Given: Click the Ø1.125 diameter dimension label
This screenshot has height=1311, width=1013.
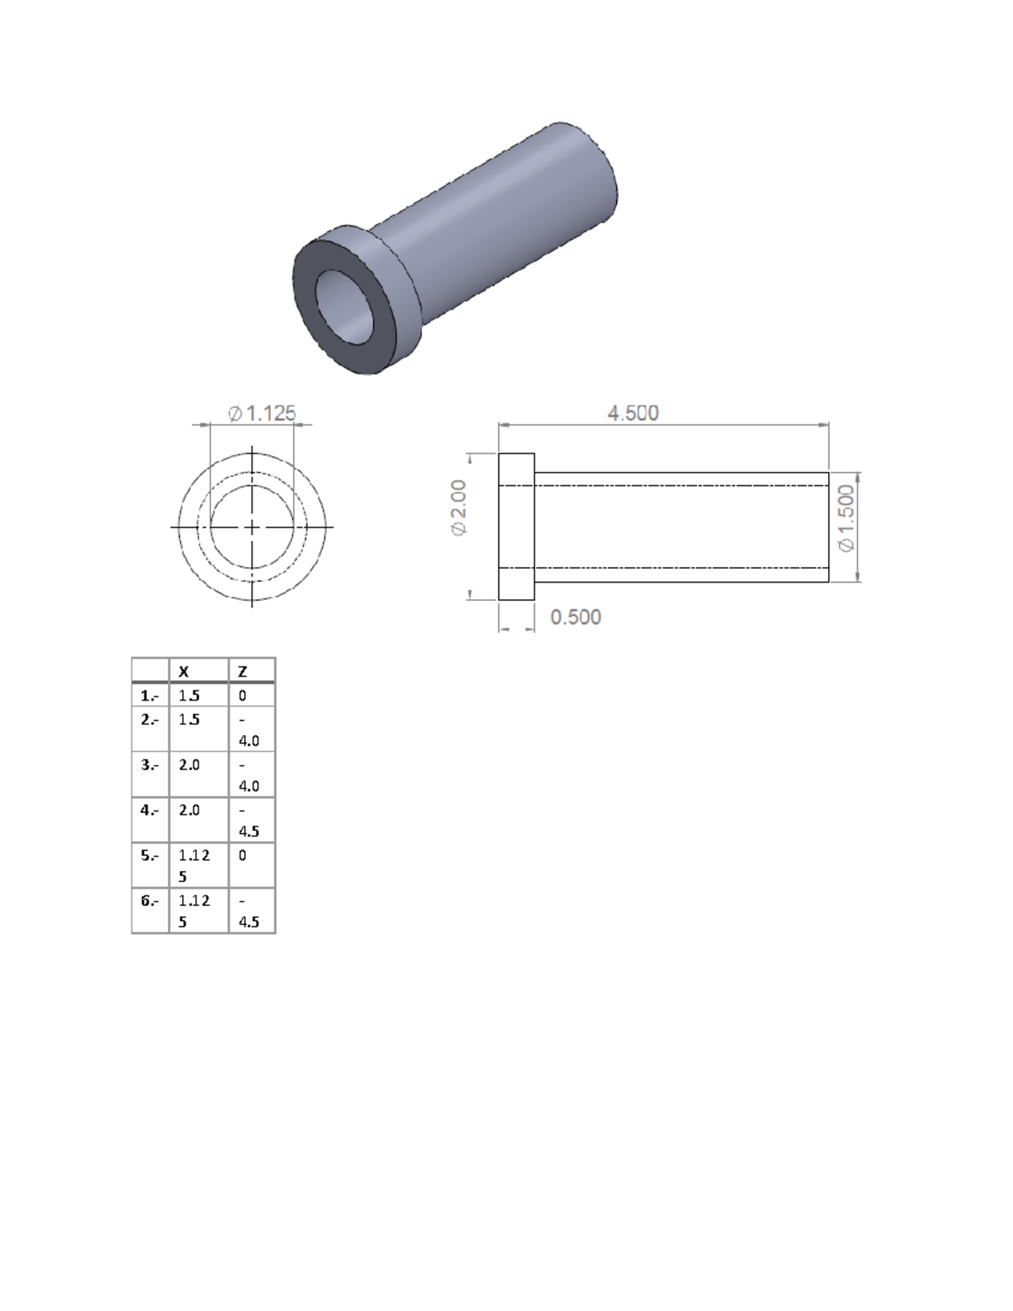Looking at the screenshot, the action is (x=263, y=414).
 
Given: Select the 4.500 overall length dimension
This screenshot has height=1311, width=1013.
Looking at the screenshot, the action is (x=633, y=414).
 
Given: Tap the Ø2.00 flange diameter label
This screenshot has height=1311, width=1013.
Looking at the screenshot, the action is (x=458, y=507).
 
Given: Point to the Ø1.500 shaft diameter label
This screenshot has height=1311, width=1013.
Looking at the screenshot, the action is (x=847, y=517).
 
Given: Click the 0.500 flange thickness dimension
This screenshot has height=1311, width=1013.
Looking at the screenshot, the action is (x=576, y=617).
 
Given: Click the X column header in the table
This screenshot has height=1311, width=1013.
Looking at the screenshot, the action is (x=184, y=671).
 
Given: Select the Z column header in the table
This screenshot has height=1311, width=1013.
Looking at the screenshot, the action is (x=242, y=671).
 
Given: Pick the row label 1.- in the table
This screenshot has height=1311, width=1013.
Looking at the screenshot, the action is (x=149, y=696).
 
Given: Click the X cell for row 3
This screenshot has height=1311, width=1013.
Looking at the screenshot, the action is (x=189, y=765).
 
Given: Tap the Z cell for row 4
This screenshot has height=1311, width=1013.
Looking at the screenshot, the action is (x=248, y=821).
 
